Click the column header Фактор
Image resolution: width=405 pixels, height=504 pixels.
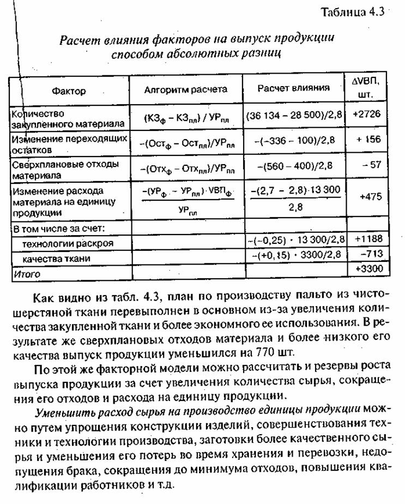pos(69,91)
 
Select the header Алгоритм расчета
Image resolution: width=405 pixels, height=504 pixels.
pos(185,89)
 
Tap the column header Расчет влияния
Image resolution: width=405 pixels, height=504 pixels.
pos(294,88)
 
